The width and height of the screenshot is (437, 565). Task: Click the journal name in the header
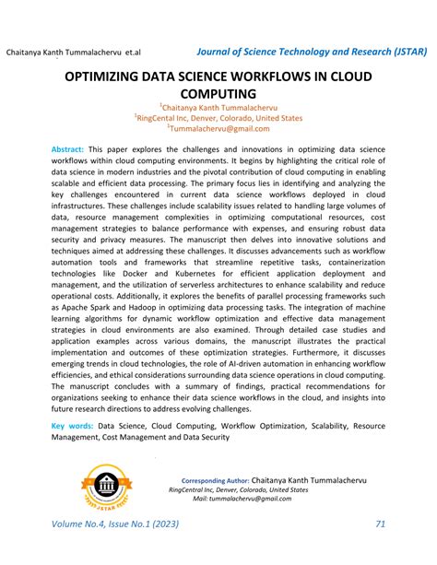click(312, 48)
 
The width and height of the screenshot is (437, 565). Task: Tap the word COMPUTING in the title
click(218, 95)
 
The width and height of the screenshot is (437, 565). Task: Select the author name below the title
click(218, 108)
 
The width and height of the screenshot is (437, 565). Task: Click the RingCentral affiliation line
click(218, 119)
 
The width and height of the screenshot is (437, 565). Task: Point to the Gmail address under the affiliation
click(218, 130)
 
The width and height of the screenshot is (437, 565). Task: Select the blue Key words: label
click(72, 427)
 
